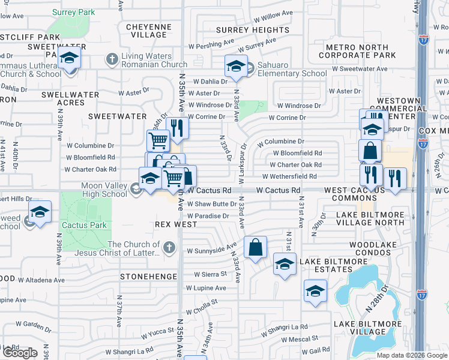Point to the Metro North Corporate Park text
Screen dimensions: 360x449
[x=361, y=51]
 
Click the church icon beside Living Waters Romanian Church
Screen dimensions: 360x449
[x=111, y=59]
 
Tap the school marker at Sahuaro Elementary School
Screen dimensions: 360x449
[x=236, y=66]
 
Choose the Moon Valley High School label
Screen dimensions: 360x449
[x=104, y=190]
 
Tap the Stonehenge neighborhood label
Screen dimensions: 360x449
[x=148, y=277]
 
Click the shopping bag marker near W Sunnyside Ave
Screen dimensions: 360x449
[x=255, y=246]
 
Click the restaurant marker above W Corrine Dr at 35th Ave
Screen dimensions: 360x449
[x=177, y=128]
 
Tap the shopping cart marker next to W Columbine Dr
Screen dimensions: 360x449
[x=158, y=140]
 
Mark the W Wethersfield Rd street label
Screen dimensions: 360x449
[x=289, y=176]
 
